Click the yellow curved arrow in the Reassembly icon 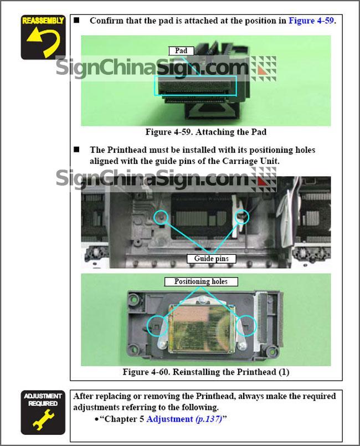pyautogui.click(x=50, y=37)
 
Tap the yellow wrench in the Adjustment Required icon pyautogui.click(x=43, y=419)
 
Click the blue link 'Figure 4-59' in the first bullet pyautogui.click(x=311, y=20)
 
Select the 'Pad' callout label pyautogui.click(x=181, y=51)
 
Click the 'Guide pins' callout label pyautogui.click(x=211, y=259)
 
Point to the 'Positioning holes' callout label pyautogui.click(x=201, y=281)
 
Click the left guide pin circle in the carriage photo pyautogui.click(x=161, y=217)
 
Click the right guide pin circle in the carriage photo pyautogui.click(x=241, y=217)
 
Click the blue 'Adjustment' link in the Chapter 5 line pyautogui.click(x=170, y=419)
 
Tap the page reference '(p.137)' pyautogui.click(x=209, y=419)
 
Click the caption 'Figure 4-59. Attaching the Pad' pyautogui.click(x=206, y=132)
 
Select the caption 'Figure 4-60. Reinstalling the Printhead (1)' pyautogui.click(x=206, y=372)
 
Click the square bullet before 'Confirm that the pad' pyautogui.click(x=76, y=20)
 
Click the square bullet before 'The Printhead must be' pyautogui.click(x=76, y=150)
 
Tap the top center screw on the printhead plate pyautogui.click(x=203, y=299)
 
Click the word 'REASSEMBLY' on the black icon pyautogui.click(x=43, y=20)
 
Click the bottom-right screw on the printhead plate pyautogui.click(x=242, y=345)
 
